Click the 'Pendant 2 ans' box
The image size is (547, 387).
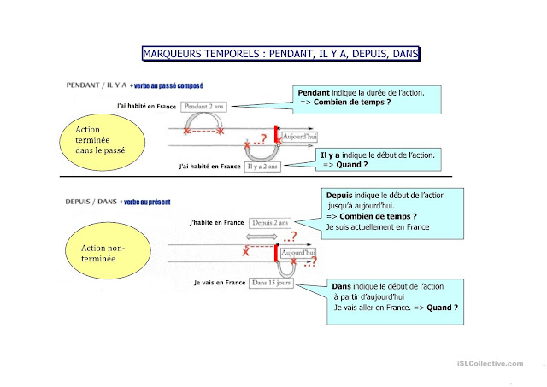pyautogui.click(x=205, y=106)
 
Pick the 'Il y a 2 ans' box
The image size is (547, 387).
pyautogui.click(x=268, y=167)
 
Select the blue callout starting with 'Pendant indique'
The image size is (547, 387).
pyautogui.click(x=368, y=99)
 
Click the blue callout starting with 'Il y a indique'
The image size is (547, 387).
pyautogui.click(x=378, y=161)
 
